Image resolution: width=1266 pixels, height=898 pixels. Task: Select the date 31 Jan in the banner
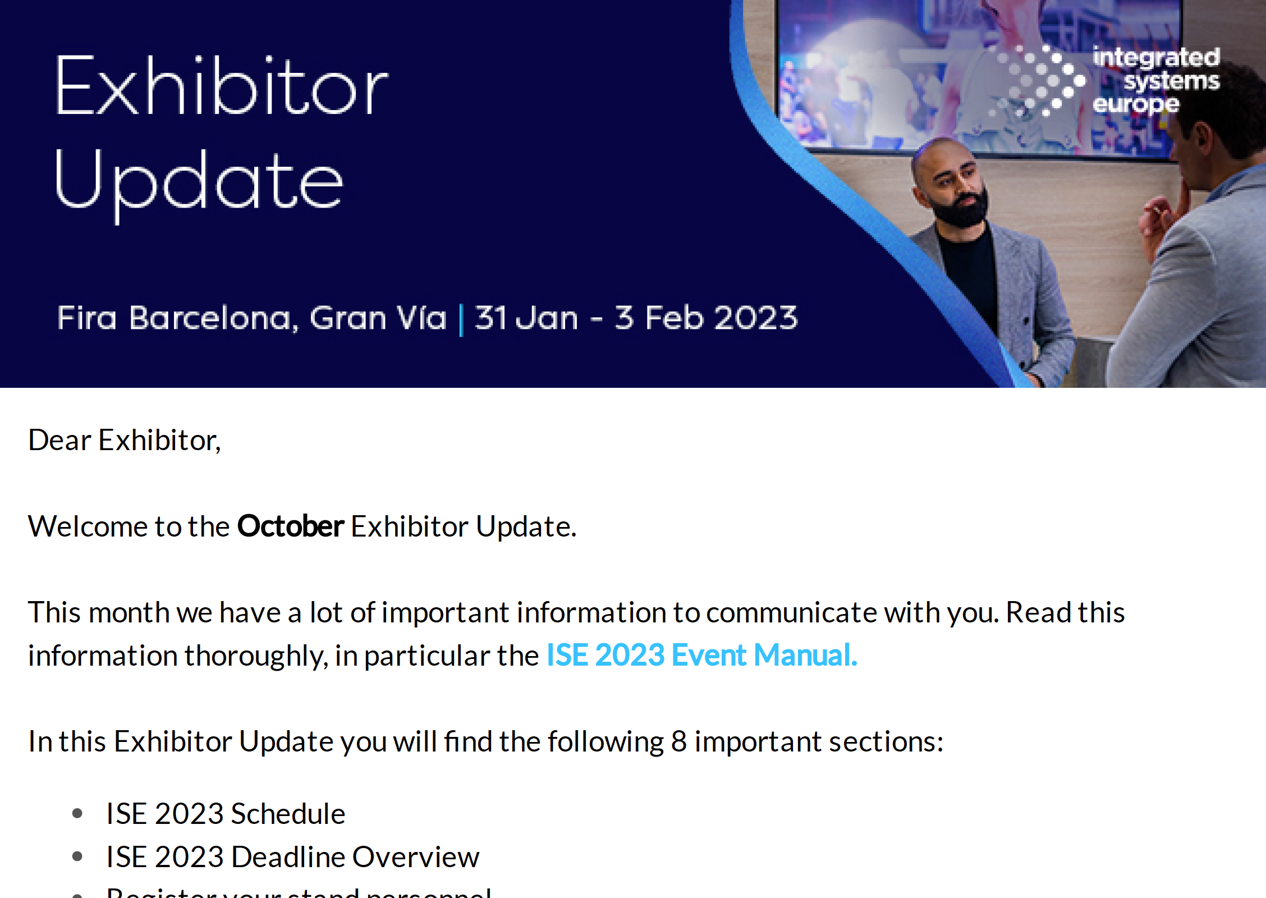pyautogui.click(x=526, y=318)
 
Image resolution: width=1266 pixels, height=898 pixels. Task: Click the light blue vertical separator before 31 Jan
pyautogui.click(x=461, y=319)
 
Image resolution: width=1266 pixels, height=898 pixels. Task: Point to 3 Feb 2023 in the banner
pyautogui.click(x=706, y=318)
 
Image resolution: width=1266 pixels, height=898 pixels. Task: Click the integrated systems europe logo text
pyautogui.click(x=1156, y=80)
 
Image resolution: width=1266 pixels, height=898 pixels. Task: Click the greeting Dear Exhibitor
pyautogui.click(x=125, y=440)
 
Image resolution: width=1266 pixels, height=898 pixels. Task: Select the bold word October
pyautogui.click(x=290, y=526)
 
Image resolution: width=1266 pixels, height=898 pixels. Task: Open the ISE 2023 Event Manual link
pyautogui.click(x=701, y=656)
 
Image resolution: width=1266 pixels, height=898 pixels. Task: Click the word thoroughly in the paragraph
pyautogui.click(x=256, y=656)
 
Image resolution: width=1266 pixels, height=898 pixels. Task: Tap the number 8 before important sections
pyautogui.click(x=678, y=741)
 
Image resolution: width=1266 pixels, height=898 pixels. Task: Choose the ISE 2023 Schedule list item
pyautogui.click(x=226, y=814)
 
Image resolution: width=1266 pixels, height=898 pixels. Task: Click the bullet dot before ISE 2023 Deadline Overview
pyautogui.click(x=77, y=856)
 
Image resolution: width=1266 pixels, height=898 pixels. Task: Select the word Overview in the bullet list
pyautogui.click(x=416, y=857)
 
